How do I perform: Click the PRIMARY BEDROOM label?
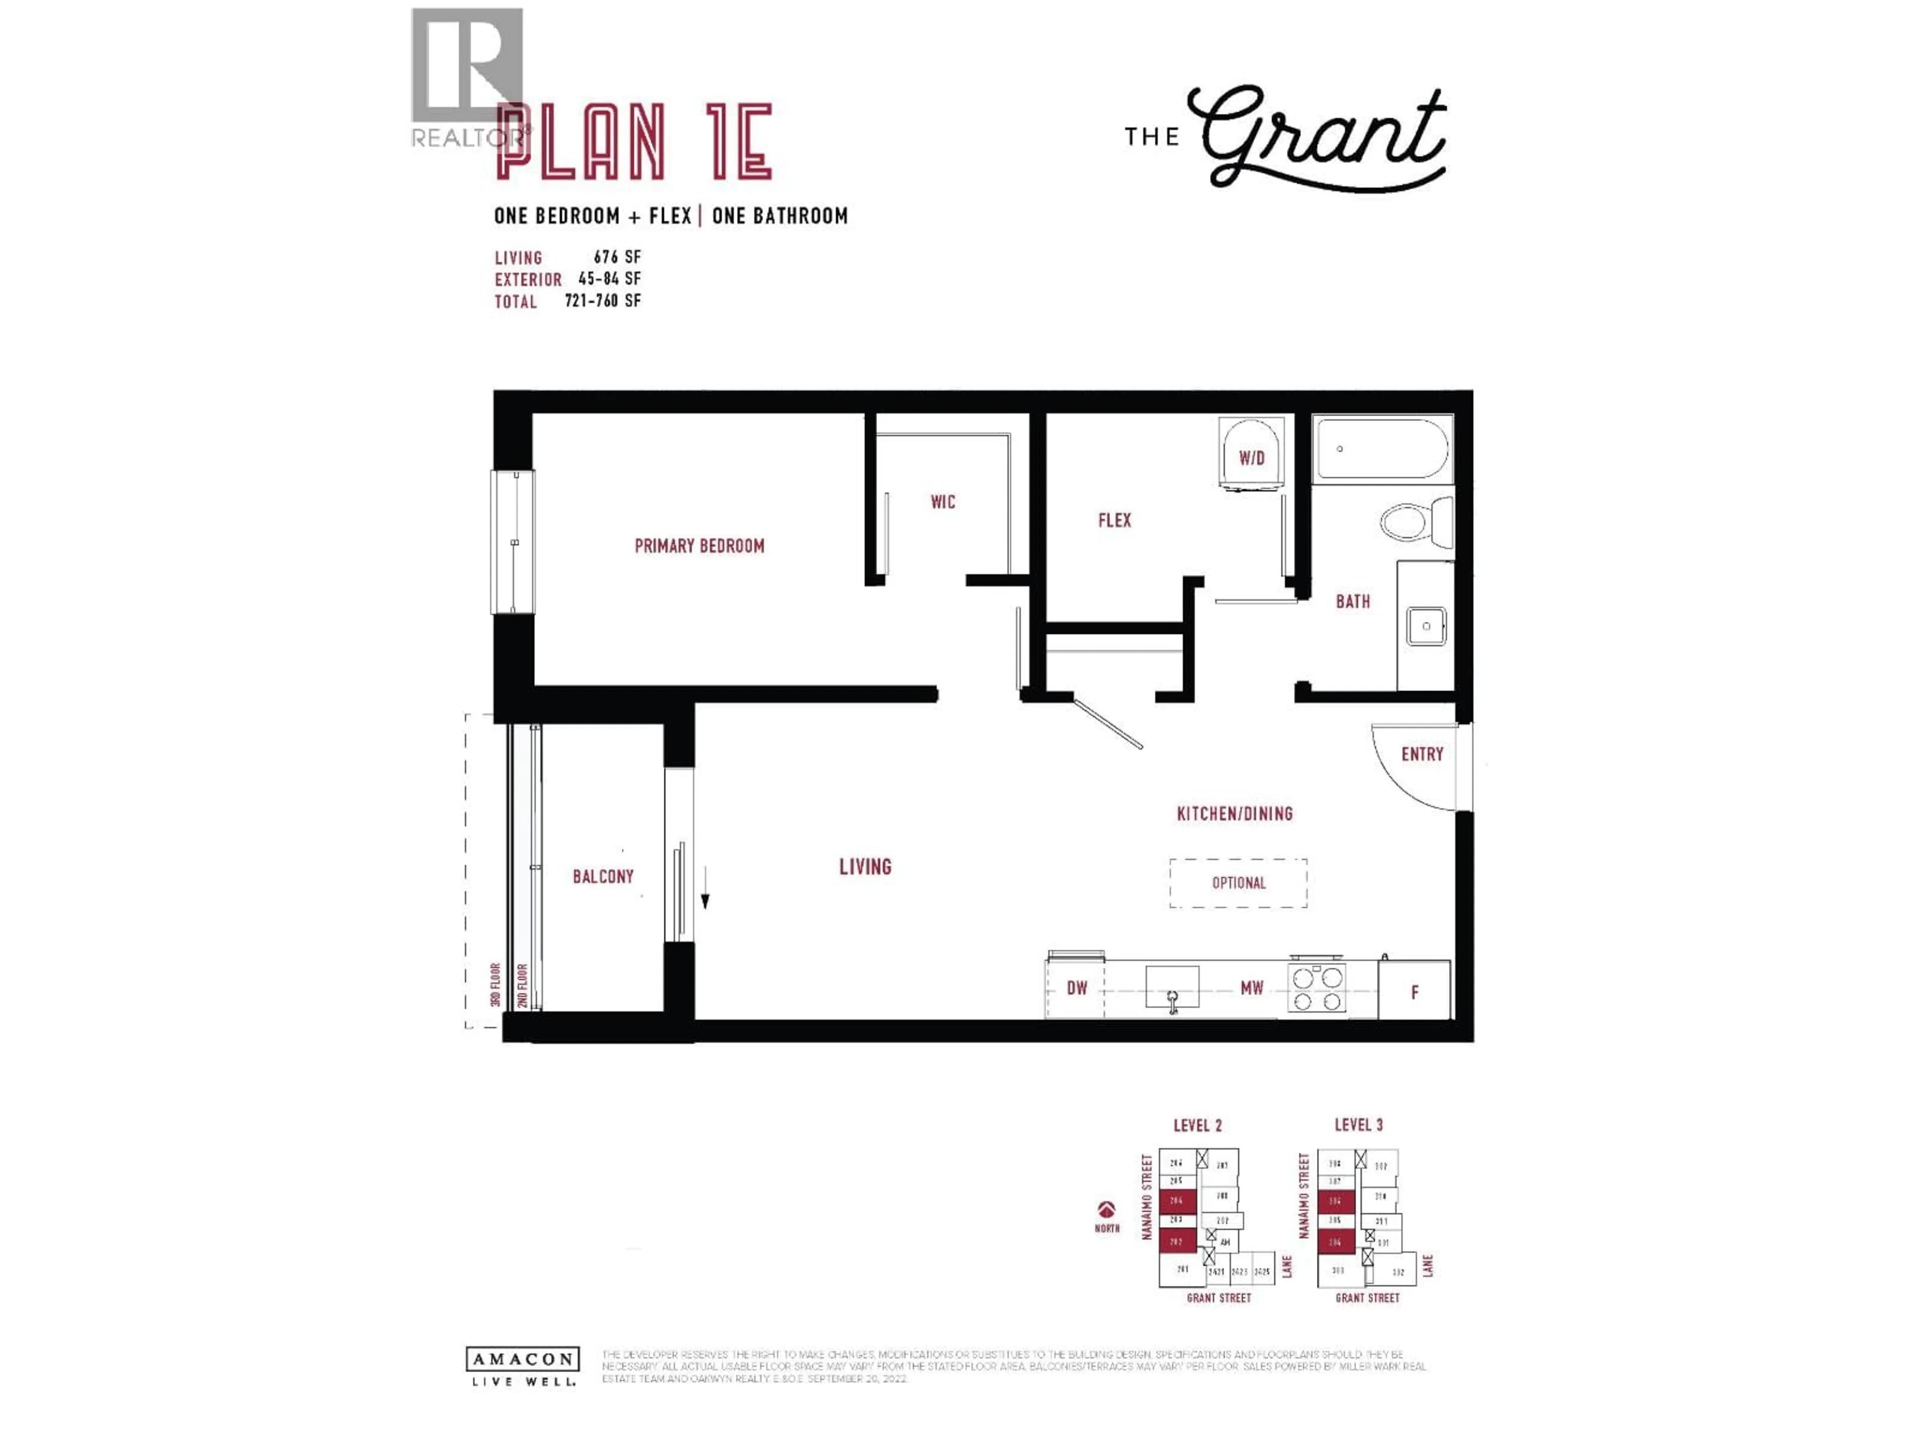699,545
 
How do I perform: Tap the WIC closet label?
942,501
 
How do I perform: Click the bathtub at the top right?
1382,448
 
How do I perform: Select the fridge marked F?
1414,991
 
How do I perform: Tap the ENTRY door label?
1422,754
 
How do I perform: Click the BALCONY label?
603,877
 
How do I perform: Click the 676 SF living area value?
617,257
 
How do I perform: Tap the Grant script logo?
1322,137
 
